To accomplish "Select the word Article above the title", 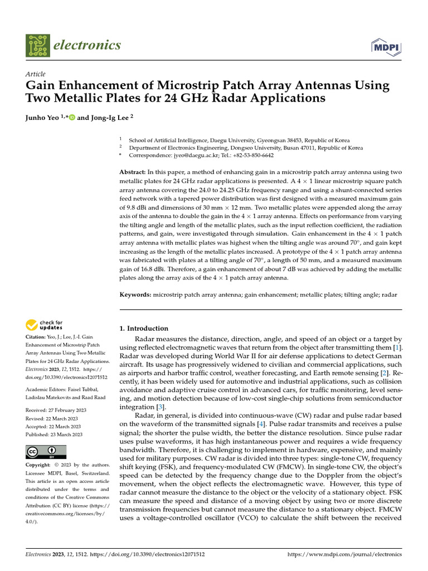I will click(x=36, y=74).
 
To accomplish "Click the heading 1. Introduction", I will click(x=144, y=328).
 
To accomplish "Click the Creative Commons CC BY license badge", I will click(x=46, y=452).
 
